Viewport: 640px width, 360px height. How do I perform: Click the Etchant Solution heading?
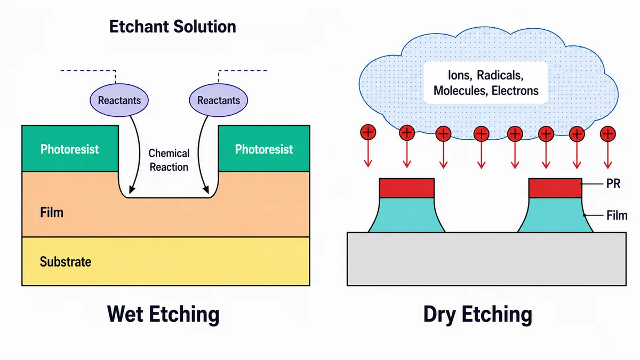pyautogui.click(x=173, y=27)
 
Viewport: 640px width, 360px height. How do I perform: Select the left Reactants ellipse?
pyautogui.click(x=119, y=100)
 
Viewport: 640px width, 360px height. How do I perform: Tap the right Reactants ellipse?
pyautogui.click(x=219, y=100)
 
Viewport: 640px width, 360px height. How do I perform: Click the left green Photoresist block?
pyautogui.click(x=70, y=149)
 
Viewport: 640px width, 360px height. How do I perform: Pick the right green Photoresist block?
pyautogui.click(x=264, y=149)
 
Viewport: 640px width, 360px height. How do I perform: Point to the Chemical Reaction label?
pyautogui.click(x=169, y=160)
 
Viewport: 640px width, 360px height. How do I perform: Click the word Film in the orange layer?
pyautogui.click(x=51, y=213)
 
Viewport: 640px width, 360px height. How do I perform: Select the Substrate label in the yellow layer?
pyautogui.click(x=66, y=262)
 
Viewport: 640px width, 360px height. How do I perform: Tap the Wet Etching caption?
pyautogui.click(x=163, y=314)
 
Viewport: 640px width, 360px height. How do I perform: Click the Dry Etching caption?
pyautogui.click(x=478, y=315)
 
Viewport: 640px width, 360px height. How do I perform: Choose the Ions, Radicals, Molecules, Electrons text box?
pyautogui.click(x=486, y=83)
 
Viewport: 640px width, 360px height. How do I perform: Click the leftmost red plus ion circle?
pyautogui.click(x=368, y=132)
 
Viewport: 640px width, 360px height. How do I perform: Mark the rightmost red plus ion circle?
pyautogui.click(x=607, y=134)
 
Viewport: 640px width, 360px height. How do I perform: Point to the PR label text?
pyautogui.click(x=613, y=183)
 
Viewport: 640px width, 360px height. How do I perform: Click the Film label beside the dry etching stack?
pyautogui.click(x=617, y=215)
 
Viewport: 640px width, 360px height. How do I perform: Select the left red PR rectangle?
pyautogui.click(x=407, y=188)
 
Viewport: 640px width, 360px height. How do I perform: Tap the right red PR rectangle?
pyautogui.click(x=555, y=188)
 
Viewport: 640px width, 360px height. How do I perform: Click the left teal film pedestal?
pyautogui.click(x=407, y=215)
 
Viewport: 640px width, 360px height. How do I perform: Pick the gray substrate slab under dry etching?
pyautogui.click(x=486, y=259)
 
